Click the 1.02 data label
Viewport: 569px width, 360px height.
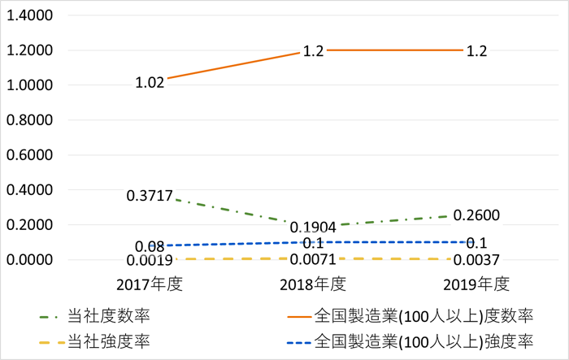(x=150, y=81)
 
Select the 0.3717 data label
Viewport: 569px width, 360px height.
(x=150, y=196)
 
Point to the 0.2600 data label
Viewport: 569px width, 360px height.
(x=477, y=215)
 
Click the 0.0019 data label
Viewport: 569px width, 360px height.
(x=150, y=260)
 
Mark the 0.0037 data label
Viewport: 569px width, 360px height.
(x=476, y=260)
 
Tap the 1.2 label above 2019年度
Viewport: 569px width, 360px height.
(x=476, y=50)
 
